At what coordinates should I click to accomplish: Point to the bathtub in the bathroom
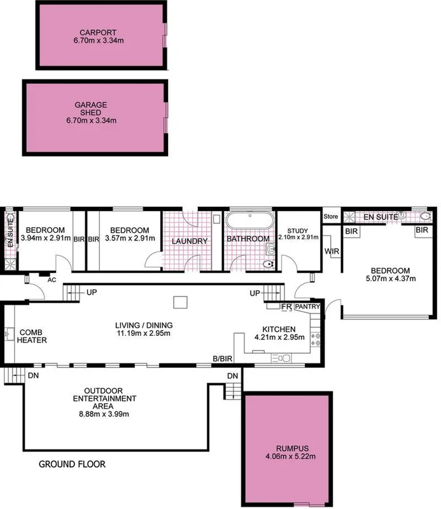point(250,222)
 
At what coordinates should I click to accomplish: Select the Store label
point(330,217)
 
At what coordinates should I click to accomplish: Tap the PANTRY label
point(308,307)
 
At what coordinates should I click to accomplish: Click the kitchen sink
point(280,360)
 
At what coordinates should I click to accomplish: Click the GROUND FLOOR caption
point(72,464)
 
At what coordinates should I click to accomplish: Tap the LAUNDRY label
point(189,242)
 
